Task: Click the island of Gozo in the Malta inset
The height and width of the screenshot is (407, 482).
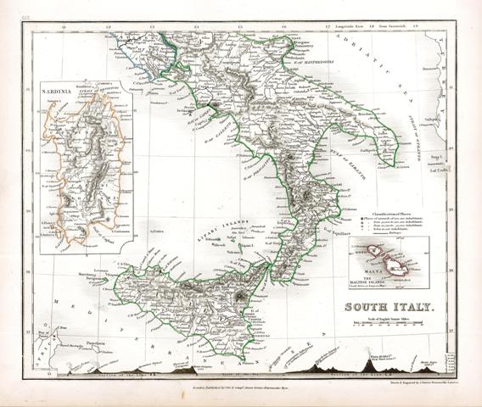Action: click(x=370, y=252)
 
